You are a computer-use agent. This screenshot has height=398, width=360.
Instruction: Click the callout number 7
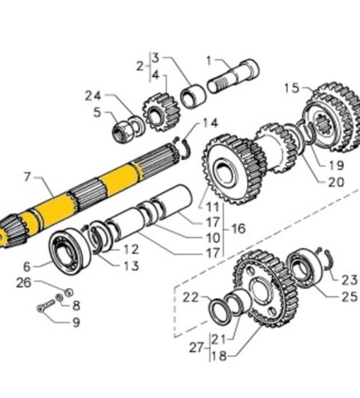click(x=28, y=178)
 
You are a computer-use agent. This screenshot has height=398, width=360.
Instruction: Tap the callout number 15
click(x=291, y=88)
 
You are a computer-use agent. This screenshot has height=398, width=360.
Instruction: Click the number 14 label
click(x=210, y=122)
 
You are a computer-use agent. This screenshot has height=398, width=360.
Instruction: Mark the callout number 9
click(x=76, y=323)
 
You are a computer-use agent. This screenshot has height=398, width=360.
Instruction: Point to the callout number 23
click(x=349, y=279)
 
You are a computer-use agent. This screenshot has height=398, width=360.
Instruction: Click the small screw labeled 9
click(x=44, y=308)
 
